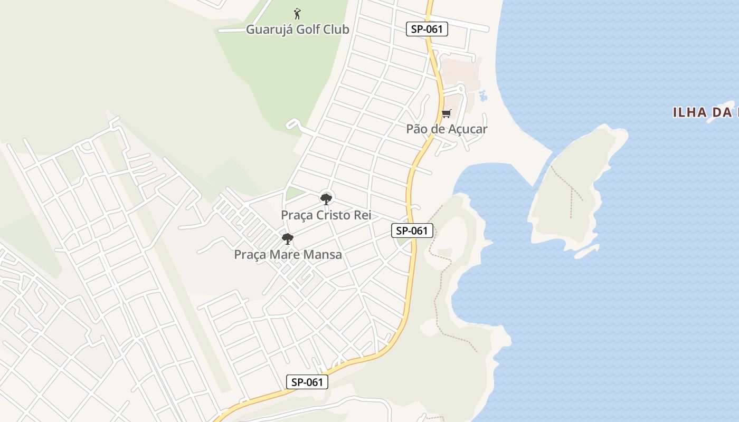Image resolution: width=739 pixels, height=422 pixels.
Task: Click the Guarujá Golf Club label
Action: point(298,30)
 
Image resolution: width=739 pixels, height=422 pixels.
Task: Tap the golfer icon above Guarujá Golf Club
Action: point(298,13)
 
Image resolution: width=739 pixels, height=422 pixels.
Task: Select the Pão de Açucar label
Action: point(447,129)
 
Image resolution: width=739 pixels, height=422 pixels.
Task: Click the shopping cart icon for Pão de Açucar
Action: point(447,113)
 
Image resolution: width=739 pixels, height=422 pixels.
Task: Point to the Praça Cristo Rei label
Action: point(326,215)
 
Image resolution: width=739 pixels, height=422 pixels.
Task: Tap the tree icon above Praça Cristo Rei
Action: point(326,199)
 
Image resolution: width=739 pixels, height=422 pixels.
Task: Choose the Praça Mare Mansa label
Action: point(288,255)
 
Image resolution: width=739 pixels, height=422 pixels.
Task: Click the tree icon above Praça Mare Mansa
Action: point(288,239)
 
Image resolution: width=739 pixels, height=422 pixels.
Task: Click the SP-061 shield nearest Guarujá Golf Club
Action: point(427,29)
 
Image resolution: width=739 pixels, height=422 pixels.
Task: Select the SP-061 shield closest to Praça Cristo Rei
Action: point(412,231)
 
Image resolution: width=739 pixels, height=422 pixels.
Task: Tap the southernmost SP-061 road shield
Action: point(307,382)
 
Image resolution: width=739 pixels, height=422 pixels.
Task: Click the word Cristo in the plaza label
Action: point(337,215)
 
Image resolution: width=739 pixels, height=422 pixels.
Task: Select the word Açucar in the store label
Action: point(467,129)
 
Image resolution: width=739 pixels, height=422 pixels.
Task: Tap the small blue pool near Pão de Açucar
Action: point(482,96)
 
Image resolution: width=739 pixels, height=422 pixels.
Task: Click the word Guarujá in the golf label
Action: point(269,30)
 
